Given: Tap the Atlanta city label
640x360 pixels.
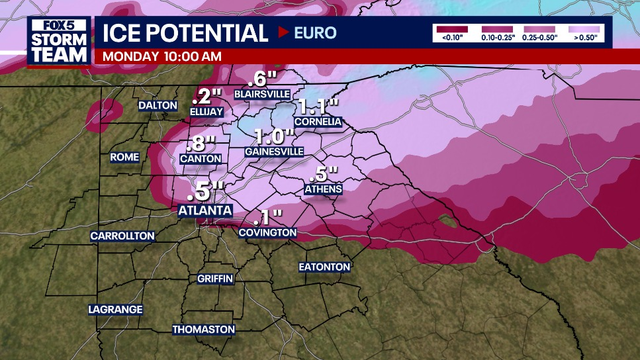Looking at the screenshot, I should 204,211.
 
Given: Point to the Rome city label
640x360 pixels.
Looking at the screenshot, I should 125,157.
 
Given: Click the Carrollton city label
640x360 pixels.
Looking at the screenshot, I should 122,236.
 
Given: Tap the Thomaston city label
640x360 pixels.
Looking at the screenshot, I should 203,329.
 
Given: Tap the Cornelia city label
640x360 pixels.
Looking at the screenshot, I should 317,122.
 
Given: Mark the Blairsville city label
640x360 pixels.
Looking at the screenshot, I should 260,93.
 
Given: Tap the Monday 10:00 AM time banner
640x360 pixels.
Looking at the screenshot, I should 162,56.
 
